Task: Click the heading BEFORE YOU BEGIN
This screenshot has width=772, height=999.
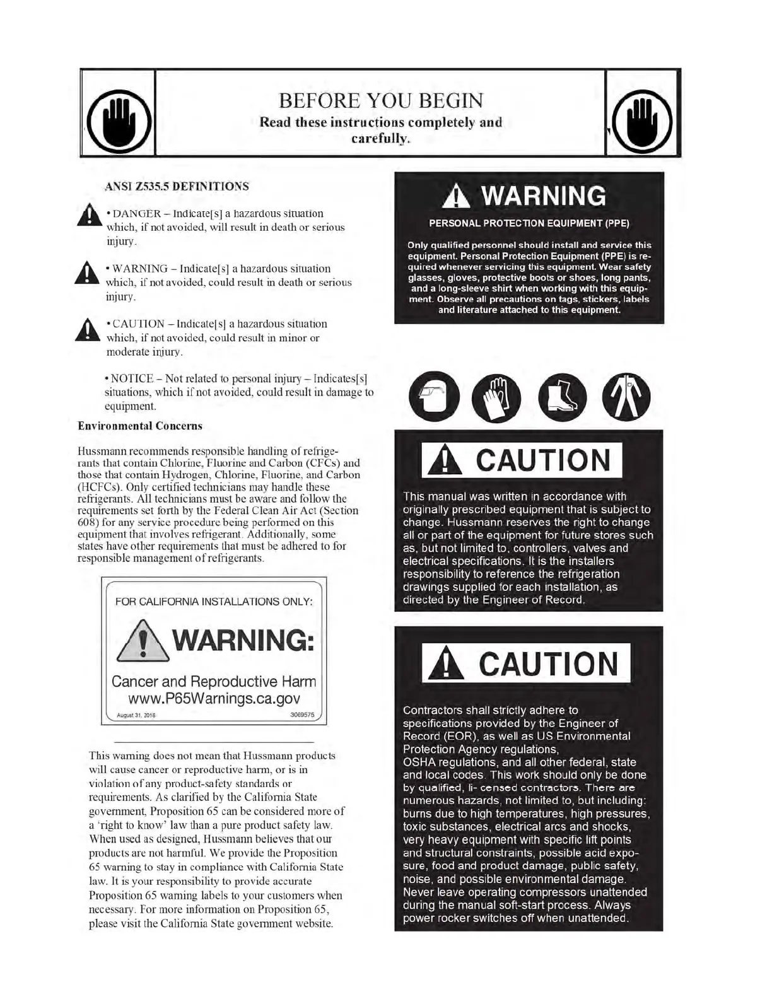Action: point(381,101)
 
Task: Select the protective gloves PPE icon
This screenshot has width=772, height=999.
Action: point(496,398)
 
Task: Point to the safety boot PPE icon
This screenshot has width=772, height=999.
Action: point(562,398)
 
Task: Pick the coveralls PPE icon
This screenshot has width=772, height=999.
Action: point(626,398)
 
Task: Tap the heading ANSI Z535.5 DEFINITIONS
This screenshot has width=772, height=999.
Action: point(177,187)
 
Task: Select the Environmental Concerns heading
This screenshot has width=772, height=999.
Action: point(140,426)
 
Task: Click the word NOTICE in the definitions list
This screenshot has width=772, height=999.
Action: point(132,378)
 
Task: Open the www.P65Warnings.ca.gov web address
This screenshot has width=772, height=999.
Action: point(214,699)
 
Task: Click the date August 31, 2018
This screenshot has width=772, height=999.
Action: point(136,716)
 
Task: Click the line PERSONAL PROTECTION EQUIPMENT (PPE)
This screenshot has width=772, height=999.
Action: point(529,223)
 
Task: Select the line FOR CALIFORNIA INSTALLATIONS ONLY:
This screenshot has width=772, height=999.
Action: point(214,602)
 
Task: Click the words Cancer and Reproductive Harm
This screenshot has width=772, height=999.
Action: point(214,682)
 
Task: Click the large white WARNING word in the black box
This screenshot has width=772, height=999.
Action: point(542,196)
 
